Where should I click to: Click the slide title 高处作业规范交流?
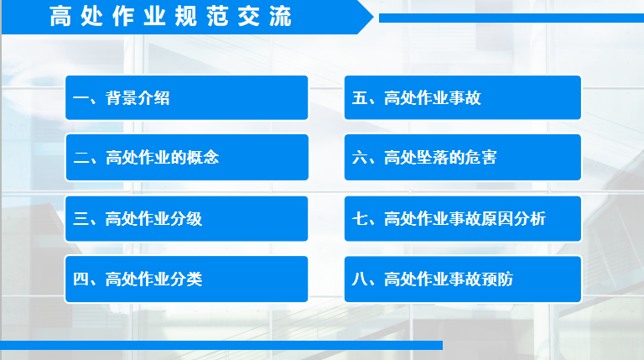coord(170,17)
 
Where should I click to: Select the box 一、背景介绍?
coord(186,98)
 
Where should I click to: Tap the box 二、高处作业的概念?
coord(187,158)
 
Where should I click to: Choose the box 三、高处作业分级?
coord(186,219)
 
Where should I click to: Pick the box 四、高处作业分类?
coord(186,279)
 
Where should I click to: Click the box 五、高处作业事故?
coord(463,98)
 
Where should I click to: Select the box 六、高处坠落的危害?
coord(463,158)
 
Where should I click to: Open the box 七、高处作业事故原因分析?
coord(463,219)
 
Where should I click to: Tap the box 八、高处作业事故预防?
coord(463,279)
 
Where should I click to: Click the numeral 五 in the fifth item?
coord(360,98)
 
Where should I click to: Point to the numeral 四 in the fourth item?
coord(80,279)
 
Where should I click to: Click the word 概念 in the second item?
coord(202,158)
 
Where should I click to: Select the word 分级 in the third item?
coord(186,219)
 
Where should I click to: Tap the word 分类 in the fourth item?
coord(186,279)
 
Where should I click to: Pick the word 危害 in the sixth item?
coord(480,158)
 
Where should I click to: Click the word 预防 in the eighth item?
coord(497,279)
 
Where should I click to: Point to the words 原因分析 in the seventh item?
coord(513,219)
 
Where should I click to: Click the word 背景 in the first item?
coord(122,98)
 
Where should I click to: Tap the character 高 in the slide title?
coord(60,17)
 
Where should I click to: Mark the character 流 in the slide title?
coord(281,17)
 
